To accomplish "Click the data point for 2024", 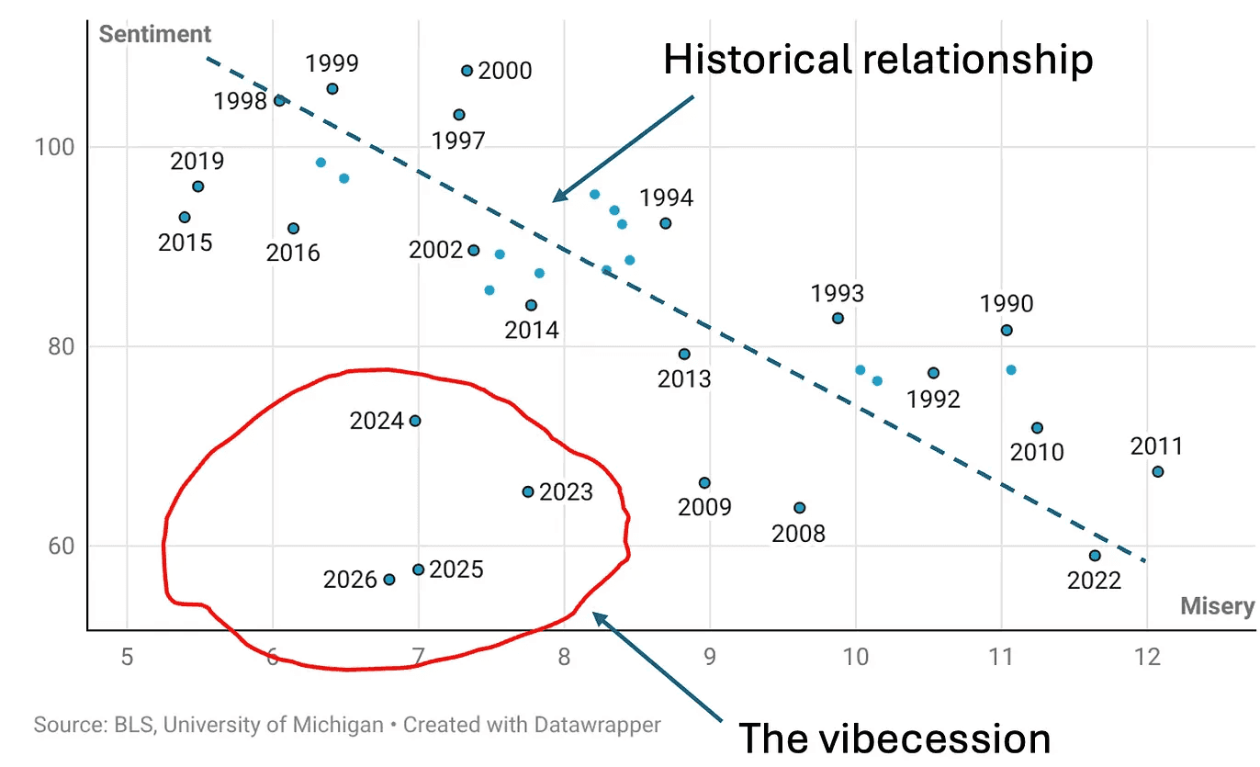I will [x=414, y=421].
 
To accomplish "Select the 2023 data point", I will [x=528, y=491].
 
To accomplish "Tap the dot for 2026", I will [x=388, y=580].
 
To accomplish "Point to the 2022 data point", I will [x=1095, y=556].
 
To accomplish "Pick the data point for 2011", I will [x=1158, y=471].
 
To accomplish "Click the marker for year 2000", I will [x=467, y=71].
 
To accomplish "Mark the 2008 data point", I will [x=799, y=508].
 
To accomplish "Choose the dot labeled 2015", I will [x=185, y=218].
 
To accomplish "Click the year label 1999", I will [x=332, y=63].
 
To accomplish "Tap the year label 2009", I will [x=704, y=507].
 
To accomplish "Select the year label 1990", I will [x=1007, y=304].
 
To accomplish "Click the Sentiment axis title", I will [x=155, y=35].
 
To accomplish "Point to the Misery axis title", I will [x=1217, y=606].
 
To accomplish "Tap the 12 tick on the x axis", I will [x=1147, y=658].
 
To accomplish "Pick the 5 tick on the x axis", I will [x=127, y=658].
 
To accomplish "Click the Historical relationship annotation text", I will [x=878, y=61].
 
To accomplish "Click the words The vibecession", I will [x=894, y=739].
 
